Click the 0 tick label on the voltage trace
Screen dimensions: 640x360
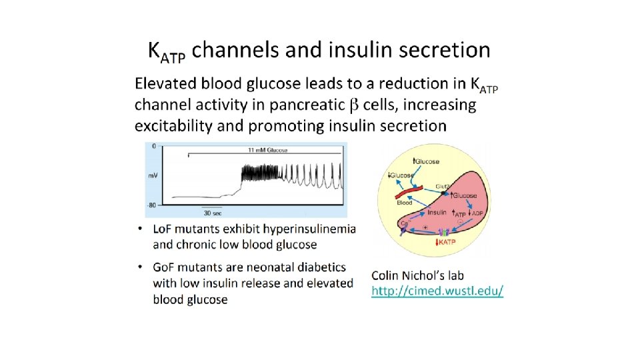point(153,145)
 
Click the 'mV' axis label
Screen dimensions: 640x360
point(153,175)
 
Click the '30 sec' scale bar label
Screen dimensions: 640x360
point(213,213)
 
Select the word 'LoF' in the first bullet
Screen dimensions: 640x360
point(167,229)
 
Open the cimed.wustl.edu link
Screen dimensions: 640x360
point(437,291)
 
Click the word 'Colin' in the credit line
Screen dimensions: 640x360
point(389,275)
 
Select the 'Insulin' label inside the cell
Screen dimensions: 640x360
point(437,212)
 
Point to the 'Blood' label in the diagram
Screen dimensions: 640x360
point(405,201)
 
